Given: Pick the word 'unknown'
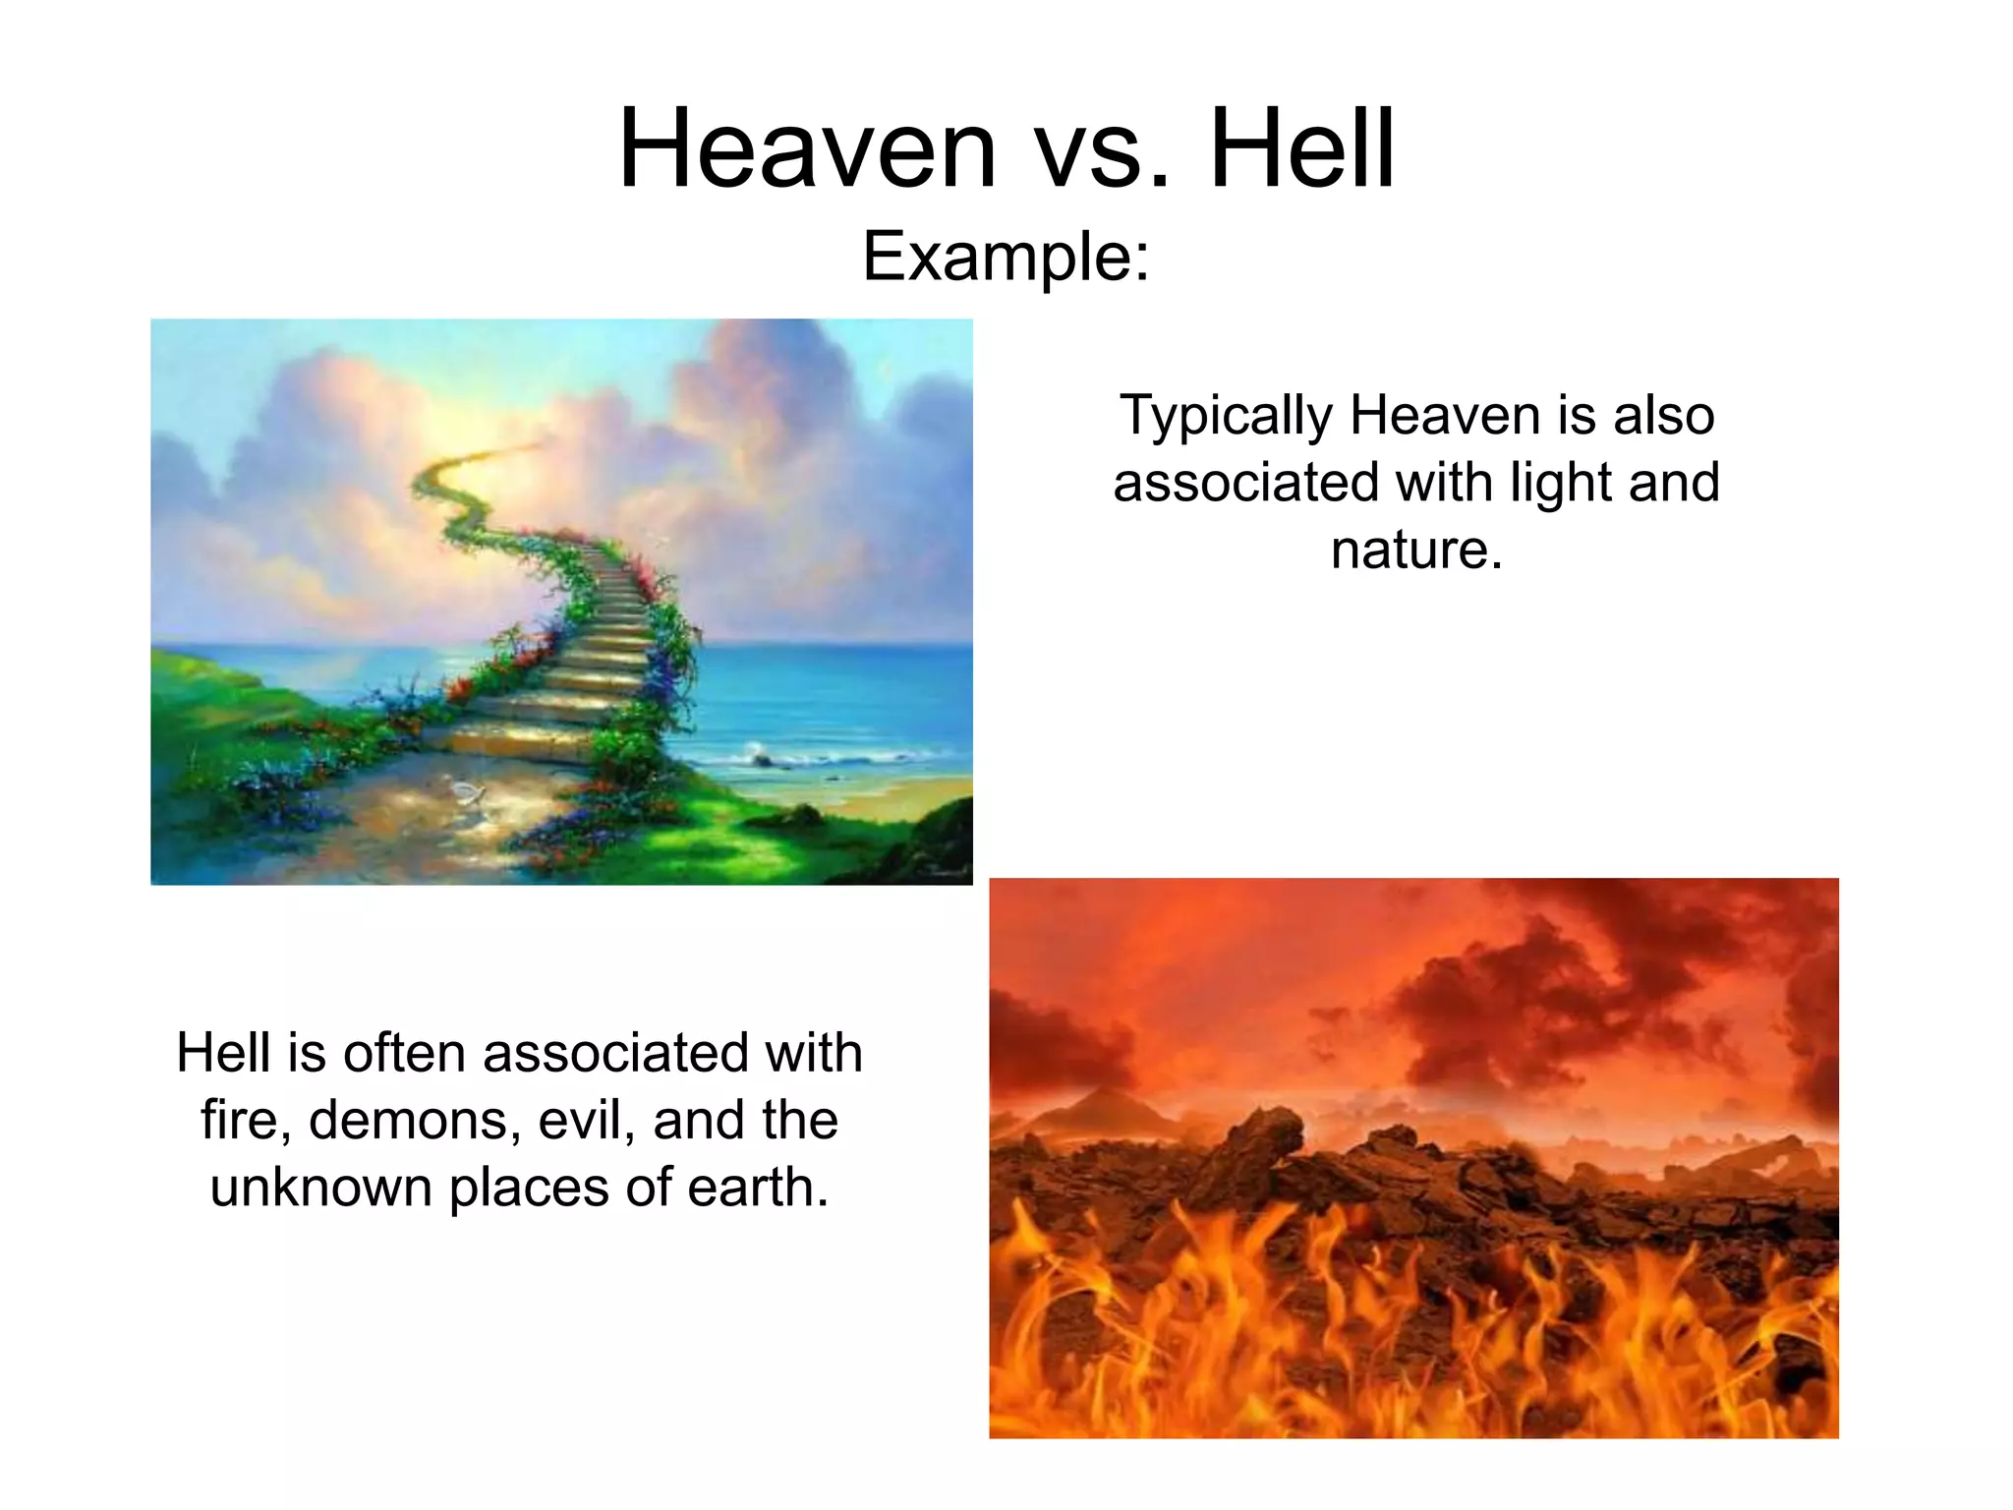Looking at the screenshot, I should coord(320,1188).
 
